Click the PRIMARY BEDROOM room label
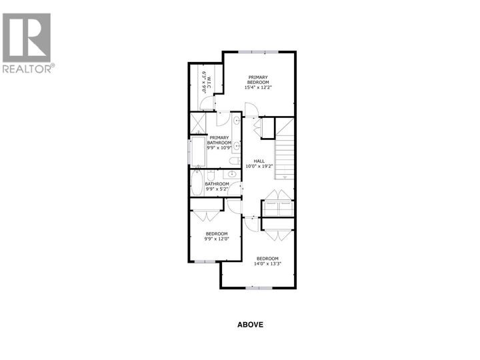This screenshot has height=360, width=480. (x=258, y=79)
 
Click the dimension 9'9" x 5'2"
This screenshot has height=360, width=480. (x=217, y=190)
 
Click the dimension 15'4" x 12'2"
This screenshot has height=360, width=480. (x=258, y=87)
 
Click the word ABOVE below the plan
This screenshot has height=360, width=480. (x=251, y=325)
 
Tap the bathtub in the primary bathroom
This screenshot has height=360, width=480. (x=197, y=151)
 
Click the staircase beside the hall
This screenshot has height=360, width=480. (x=285, y=150)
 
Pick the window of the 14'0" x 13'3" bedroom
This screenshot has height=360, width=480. (x=259, y=288)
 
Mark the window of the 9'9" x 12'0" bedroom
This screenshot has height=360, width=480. (x=205, y=262)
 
